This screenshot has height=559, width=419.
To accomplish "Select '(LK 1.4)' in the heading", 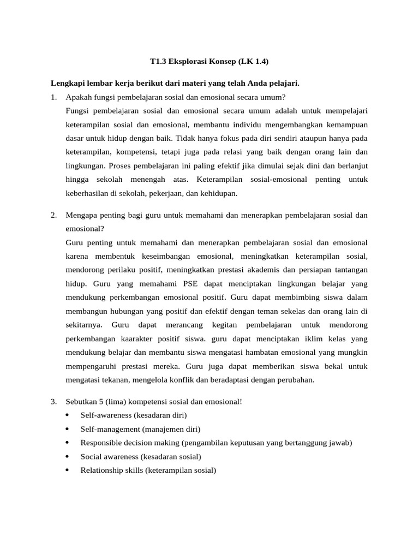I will click(253, 62).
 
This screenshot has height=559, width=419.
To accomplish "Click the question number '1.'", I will click(53, 98).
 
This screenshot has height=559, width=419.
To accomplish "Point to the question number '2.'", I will click(53, 215).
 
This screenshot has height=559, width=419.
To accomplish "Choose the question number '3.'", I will click(53, 401).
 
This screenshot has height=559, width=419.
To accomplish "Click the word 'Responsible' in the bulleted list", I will click(99, 443).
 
